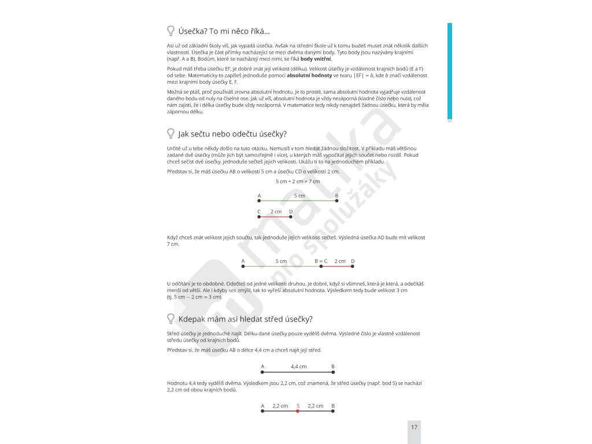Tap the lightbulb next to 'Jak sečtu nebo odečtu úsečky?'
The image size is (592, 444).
171,134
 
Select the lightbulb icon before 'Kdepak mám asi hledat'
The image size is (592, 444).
171,319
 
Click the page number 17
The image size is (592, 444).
414,427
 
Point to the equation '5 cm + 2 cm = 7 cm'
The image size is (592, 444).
298,182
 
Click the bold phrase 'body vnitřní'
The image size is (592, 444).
316,59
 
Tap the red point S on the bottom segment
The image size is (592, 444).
298,412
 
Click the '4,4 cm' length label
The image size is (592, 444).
299,367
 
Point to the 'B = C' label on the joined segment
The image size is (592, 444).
321,261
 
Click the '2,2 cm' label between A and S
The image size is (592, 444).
280,406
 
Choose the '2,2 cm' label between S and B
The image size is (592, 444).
315,406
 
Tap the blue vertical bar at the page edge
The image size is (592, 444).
450,72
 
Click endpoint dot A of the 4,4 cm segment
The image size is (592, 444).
262,373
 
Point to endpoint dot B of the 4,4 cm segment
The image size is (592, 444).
333,373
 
